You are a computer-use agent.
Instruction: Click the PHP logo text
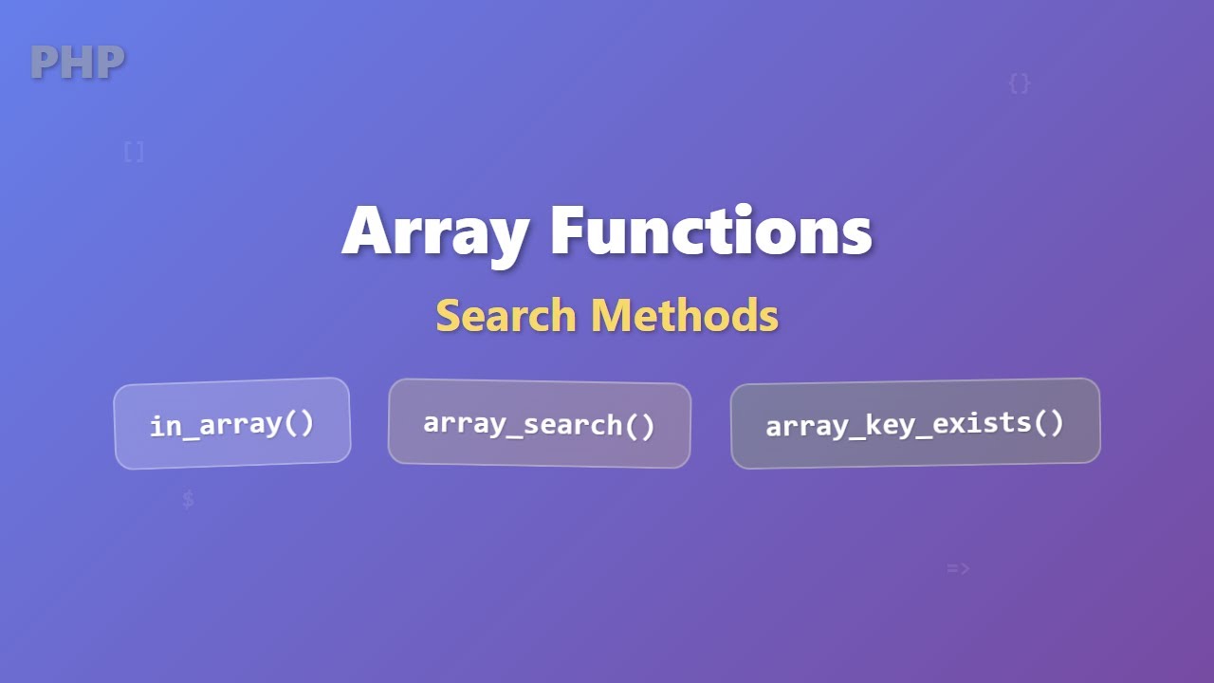(77, 63)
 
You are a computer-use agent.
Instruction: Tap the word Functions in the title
(710, 231)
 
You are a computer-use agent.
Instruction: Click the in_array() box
(231, 423)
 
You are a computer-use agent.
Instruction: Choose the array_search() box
(539, 423)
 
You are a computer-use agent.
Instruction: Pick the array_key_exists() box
(914, 423)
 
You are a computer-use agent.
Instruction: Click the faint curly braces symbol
(1019, 83)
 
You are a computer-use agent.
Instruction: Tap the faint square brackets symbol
(134, 152)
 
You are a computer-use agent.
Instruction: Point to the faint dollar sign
(188, 499)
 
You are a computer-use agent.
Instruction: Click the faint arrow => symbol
(958, 569)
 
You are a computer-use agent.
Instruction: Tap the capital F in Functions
(567, 231)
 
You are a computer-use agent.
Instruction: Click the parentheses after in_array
(299, 422)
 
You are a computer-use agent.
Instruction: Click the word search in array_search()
(575, 424)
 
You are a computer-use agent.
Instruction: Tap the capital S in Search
(447, 315)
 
